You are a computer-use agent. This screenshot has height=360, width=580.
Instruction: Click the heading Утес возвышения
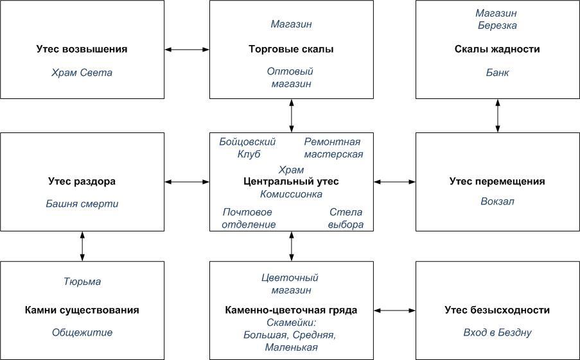click(x=82, y=50)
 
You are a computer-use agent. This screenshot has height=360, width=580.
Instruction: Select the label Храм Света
click(x=82, y=73)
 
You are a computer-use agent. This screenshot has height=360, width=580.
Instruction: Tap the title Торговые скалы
click(x=291, y=50)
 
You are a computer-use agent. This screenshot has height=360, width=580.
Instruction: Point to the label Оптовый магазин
click(x=291, y=77)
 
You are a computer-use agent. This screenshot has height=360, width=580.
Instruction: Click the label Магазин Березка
click(x=497, y=19)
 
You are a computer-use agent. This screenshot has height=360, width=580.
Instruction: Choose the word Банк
click(x=497, y=73)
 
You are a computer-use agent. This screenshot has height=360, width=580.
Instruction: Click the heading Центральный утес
click(x=291, y=181)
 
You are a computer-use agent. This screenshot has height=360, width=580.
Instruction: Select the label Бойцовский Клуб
click(x=247, y=148)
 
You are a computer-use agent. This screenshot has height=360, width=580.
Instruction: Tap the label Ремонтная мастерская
click(x=333, y=148)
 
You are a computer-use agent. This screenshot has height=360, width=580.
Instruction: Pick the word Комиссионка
click(x=291, y=194)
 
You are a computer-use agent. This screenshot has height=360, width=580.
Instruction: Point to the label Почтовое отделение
click(x=249, y=218)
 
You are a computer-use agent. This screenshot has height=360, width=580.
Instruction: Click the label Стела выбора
click(x=346, y=218)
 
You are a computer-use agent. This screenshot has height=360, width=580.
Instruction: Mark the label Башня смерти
click(x=82, y=204)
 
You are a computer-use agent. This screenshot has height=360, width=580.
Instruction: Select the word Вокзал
click(x=497, y=201)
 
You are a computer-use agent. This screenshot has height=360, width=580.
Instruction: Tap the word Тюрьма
click(x=82, y=282)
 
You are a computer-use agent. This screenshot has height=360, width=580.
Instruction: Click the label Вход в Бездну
click(x=497, y=332)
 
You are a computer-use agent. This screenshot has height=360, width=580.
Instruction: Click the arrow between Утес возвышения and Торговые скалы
click(x=187, y=50)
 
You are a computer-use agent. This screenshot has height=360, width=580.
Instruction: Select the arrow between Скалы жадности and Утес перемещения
click(x=498, y=116)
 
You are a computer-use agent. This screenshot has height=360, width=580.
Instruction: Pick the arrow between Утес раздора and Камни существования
click(x=82, y=246)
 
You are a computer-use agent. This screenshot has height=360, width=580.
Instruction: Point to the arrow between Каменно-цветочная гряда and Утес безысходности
click(x=394, y=310)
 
